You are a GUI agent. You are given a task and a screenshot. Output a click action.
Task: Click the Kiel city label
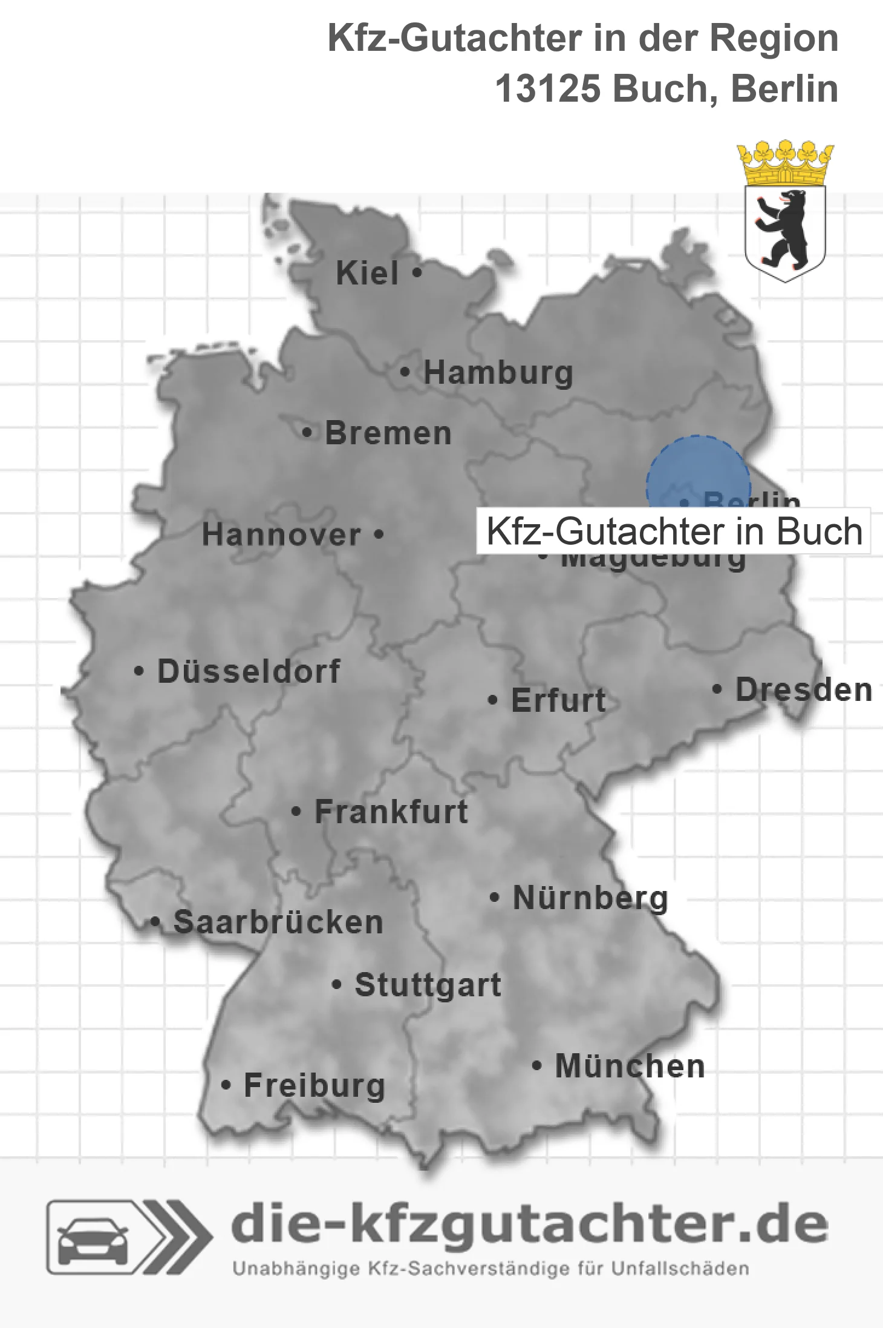pos(367,273)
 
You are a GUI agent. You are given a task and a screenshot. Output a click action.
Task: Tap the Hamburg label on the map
pos(498,372)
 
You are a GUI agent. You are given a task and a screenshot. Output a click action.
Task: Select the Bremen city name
pos(388,433)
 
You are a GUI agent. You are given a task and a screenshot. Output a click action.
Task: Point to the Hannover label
pos(281,535)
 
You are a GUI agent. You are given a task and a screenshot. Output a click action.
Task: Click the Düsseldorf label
pos(249,671)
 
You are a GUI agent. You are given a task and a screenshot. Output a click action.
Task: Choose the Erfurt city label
pos(558,700)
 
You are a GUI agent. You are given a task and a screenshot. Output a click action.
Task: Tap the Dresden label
pos(803,690)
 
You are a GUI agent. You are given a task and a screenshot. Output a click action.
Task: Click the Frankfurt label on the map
pos(391,812)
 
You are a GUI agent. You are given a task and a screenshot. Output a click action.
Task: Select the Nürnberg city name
pos(590,898)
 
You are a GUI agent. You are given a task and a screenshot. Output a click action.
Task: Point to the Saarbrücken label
pos(278,922)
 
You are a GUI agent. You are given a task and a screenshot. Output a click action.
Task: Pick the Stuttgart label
pos(428,985)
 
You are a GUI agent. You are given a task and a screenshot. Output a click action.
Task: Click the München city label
pos(630,1066)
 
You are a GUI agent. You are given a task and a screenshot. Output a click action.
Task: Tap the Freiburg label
pos(314,1086)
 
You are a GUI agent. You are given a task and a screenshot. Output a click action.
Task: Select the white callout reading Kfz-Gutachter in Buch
pos(673,531)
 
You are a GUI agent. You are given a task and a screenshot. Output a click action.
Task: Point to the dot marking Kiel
pos(417,272)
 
